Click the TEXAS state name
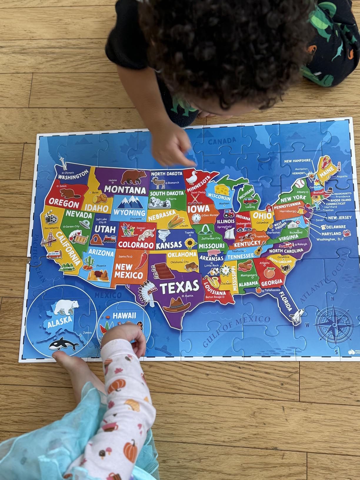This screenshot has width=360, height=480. (x=179, y=287)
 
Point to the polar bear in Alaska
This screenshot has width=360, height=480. (x=67, y=307)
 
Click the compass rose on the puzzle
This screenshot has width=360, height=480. (x=334, y=324)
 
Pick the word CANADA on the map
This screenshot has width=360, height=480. (x=222, y=141)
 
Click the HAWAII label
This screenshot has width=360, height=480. (x=124, y=316)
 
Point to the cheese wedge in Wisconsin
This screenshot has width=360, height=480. (x=222, y=189)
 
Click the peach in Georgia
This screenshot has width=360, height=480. (x=269, y=273)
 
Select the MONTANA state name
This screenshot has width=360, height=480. (x=125, y=189)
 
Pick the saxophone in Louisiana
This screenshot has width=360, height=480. (x=212, y=281)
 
